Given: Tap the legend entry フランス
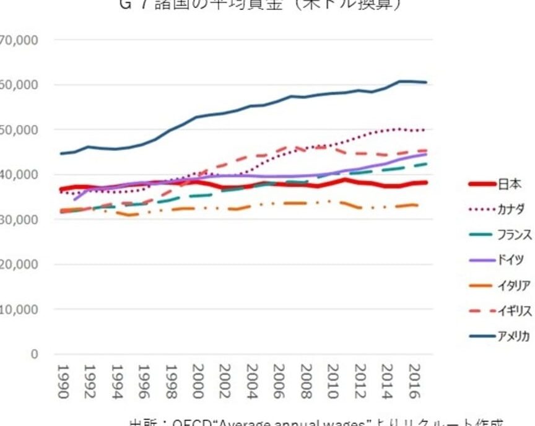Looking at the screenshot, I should tap(513, 235).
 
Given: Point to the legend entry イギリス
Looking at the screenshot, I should tap(513, 311).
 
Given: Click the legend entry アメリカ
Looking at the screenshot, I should tap(513, 336).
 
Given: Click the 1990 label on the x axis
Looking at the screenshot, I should tap(61, 381).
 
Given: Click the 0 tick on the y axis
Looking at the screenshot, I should tap(34, 354).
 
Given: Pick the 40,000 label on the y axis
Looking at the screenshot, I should tap(19, 175).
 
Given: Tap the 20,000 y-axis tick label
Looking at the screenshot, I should tap(19, 264).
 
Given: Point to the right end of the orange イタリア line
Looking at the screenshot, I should tap(425, 206).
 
